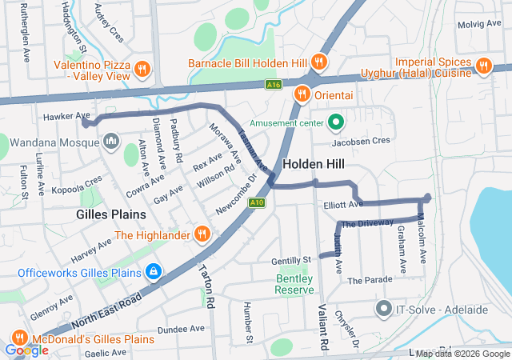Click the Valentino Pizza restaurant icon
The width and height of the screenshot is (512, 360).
(x=142, y=68)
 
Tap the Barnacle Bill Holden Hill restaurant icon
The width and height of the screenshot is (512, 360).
(x=318, y=62)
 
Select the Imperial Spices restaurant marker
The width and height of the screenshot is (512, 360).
(x=482, y=66)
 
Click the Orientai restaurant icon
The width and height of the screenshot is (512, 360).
(x=302, y=93)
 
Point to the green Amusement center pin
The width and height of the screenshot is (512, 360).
(x=337, y=123)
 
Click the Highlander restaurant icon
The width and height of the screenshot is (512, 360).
(x=202, y=234)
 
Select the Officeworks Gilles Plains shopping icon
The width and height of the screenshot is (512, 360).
(x=153, y=272)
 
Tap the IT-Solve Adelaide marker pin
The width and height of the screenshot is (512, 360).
(x=383, y=308)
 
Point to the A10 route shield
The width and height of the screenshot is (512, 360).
(x=257, y=202)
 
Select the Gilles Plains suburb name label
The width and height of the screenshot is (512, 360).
(x=111, y=214)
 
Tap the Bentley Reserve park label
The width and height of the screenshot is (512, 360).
(x=295, y=284)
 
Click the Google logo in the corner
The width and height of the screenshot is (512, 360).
(x=26, y=350)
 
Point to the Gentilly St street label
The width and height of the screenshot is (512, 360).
(x=290, y=261)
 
